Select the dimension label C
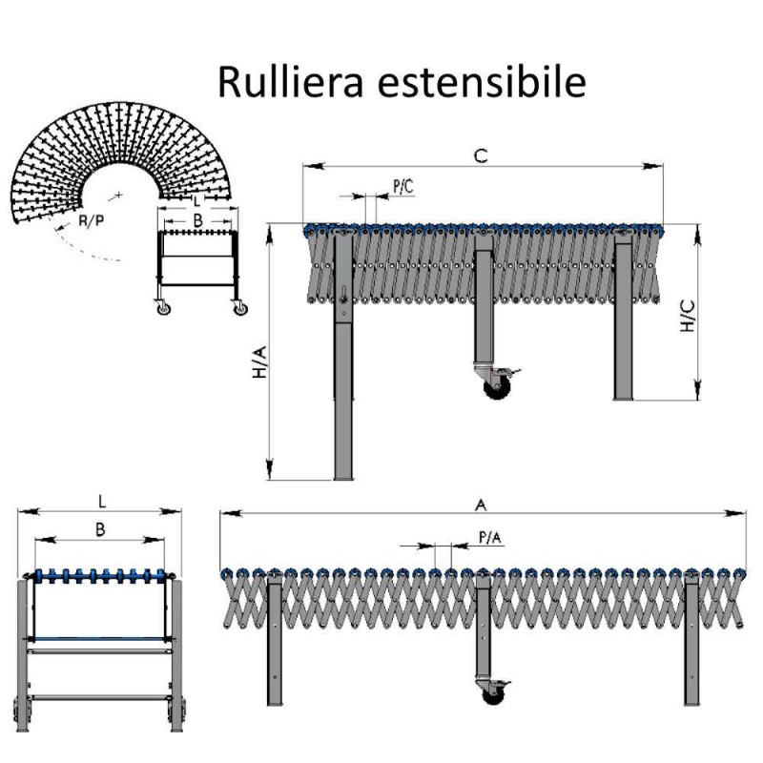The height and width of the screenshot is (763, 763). [x=482, y=156]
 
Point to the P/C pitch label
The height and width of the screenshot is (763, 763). [x=403, y=186]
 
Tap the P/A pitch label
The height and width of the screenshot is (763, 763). [x=488, y=539]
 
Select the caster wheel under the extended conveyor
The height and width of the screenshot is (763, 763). [x=493, y=693]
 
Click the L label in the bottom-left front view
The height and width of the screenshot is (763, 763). [x=101, y=500]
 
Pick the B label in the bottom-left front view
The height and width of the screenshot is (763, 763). [x=99, y=527]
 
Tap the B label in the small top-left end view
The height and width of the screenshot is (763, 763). [x=196, y=221]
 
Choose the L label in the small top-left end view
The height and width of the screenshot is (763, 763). [x=196, y=202]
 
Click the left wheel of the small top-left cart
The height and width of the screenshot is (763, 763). [x=163, y=308]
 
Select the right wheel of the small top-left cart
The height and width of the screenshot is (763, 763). [x=239, y=308]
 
